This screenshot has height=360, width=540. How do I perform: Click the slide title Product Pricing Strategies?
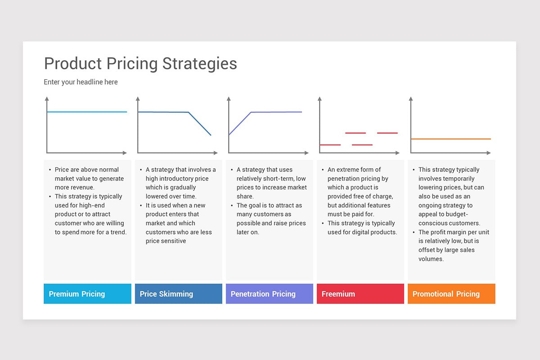point(140,64)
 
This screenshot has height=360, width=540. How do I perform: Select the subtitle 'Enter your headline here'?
point(81,82)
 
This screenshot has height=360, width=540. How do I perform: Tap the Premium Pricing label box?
point(87,294)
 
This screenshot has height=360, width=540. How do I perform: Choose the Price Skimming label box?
point(178,294)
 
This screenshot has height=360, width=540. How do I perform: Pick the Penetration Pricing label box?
point(270,294)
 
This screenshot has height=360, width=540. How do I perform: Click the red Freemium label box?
point(360,294)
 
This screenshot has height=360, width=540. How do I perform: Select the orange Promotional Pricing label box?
point(451,294)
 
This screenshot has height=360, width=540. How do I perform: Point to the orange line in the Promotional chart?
point(451,139)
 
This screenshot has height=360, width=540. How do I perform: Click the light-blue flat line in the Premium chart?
point(87,112)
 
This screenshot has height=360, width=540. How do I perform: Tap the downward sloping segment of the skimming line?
point(200,124)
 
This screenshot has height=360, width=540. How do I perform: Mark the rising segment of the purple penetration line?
point(240,123)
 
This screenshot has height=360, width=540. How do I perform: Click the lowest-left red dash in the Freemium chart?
point(330,145)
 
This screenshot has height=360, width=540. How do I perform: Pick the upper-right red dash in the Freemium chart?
point(387,133)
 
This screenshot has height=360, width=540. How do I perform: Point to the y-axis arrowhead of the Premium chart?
point(47,99)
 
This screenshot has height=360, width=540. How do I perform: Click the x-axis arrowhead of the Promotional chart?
point(489,153)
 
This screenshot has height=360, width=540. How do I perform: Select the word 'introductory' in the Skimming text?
point(177,179)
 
